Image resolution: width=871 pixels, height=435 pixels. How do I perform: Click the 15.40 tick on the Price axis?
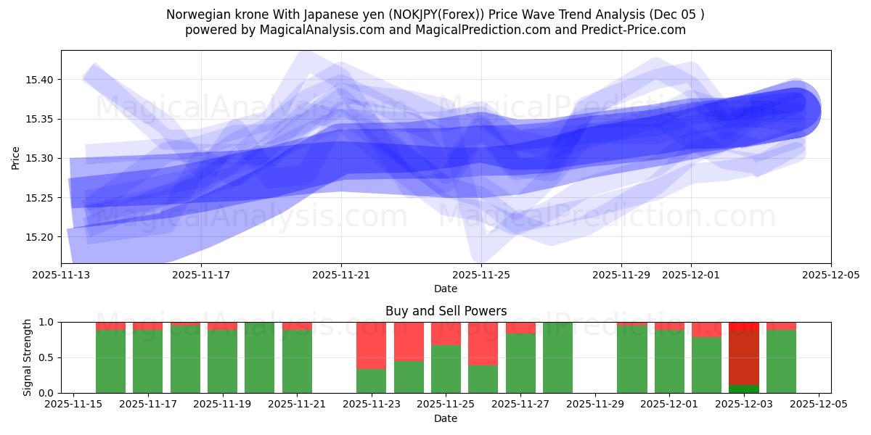[42, 79]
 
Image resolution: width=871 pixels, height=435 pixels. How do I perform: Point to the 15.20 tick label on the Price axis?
[42, 237]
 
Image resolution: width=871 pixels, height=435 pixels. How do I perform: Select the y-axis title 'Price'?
[16, 157]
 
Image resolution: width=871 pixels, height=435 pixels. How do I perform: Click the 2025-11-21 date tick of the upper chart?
[341, 275]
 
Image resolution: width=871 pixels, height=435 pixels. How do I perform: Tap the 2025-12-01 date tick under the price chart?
[690, 275]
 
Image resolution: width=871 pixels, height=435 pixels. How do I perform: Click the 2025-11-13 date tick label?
[61, 275]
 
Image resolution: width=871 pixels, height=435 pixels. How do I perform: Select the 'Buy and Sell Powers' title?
[446, 311]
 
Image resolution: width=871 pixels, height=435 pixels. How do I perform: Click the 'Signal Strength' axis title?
[27, 357]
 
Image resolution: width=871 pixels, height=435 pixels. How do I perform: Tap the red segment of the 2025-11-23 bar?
[371, 345]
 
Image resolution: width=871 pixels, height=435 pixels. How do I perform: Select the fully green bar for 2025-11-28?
[557, 357]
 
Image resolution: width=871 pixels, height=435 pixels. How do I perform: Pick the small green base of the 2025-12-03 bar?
[744, 389]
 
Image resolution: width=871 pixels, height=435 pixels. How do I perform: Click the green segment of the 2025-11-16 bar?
[110, 361]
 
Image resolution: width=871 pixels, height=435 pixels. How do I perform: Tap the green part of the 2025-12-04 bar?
[781, 361]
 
